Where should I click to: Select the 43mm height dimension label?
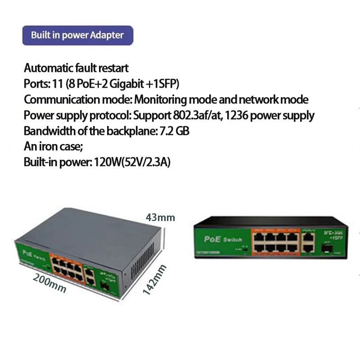coord(160,218)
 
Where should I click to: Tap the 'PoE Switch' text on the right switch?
coord(223,239)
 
